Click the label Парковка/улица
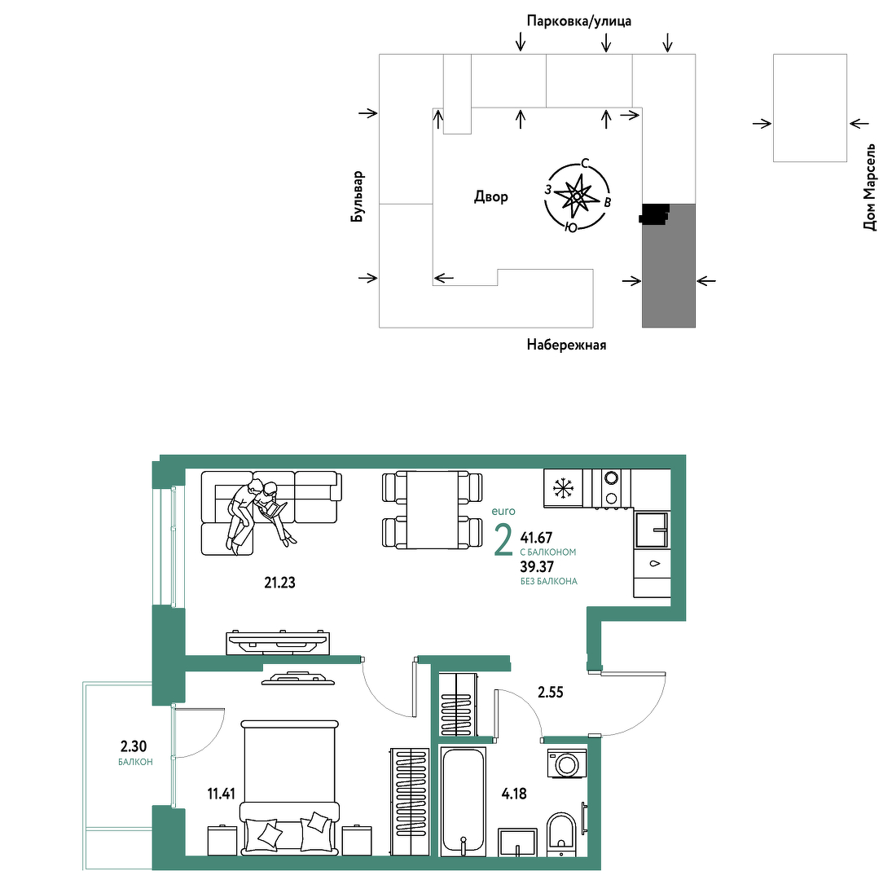click(x=578, y=21)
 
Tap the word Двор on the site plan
click(x=491, y=197)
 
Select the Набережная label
click(x=566, y=345)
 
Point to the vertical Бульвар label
click(x=358, y=196)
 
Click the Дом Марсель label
click(x=870, y=187)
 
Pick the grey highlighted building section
click(x=669, y=266)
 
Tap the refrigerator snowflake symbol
click(x=563, y=487)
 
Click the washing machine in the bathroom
click(x=566, y=763)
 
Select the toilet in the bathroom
click(x=561, y=834)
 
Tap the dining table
click(x=433, y=510)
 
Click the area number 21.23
click(x=280, y=583)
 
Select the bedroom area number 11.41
click(x=222, y=794)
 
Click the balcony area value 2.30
click(x=134, y=746)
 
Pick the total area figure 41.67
click(x=537, y=538)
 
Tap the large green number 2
click(x=503, y=541)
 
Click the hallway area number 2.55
click(x=551, y=693)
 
